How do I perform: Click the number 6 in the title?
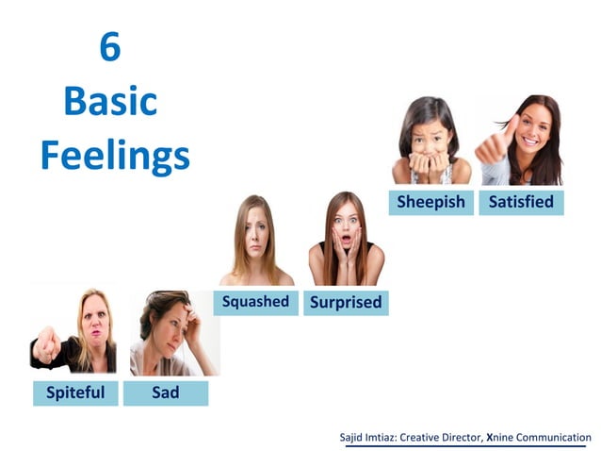pyautogui.click(x=110, y=47)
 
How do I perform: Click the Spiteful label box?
pyautogui.click(x=75, y=392)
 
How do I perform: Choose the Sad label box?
pyautogui.click(x=166, y=392)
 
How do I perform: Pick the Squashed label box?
pyautogui.click(x=255, y=302)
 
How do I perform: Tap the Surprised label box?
pyautogui.click(x=346, y=303)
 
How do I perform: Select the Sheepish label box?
pyautogui.click(x=430, y=202)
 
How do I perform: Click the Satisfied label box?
pyautogui.click(x=521, y=202)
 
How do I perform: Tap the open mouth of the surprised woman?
pyautogui.click(x=346, y=242)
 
